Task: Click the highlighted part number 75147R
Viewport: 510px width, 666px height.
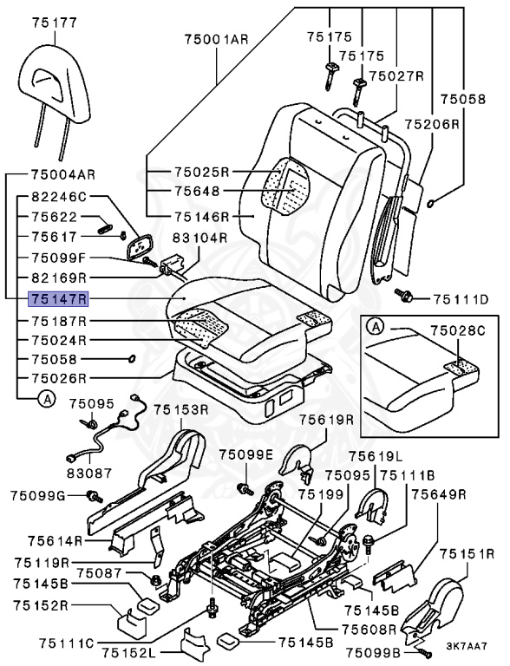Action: pyautogui.click(x=58, y=299)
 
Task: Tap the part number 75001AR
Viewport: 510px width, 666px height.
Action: pyautogui.click(x=216, y=40)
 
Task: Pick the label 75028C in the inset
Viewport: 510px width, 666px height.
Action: pyautogui.click(x=457, y=330)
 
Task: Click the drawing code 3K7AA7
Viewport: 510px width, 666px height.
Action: pyautogui.click(x=466, y=646)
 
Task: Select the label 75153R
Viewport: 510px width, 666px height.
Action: pyautogui.click(x=181, y=410)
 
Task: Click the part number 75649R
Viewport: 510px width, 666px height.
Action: pyautogui.click(x=439, y=494)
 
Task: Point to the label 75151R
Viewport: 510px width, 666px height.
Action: pyautogui.click(x=467, y=554)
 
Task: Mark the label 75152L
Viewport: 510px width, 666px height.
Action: pyautogui.click(x=129, y=652)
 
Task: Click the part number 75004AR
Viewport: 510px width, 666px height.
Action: pyautogui.click(x=63, y=174)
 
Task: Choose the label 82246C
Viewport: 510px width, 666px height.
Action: pyautogui.click(x=59, y=197)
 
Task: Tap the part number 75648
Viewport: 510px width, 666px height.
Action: pyautogui.click(x=198, y=191)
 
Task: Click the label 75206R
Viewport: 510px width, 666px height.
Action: pyautogui.click(x=432, y=124)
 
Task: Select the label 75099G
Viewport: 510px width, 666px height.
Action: pyautogui.click(x=38, y=495)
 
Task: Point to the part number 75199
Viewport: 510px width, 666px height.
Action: pyautogui.click(x=321, y=494)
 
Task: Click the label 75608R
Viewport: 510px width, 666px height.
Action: pyautogui.click(x=369, y=629)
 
